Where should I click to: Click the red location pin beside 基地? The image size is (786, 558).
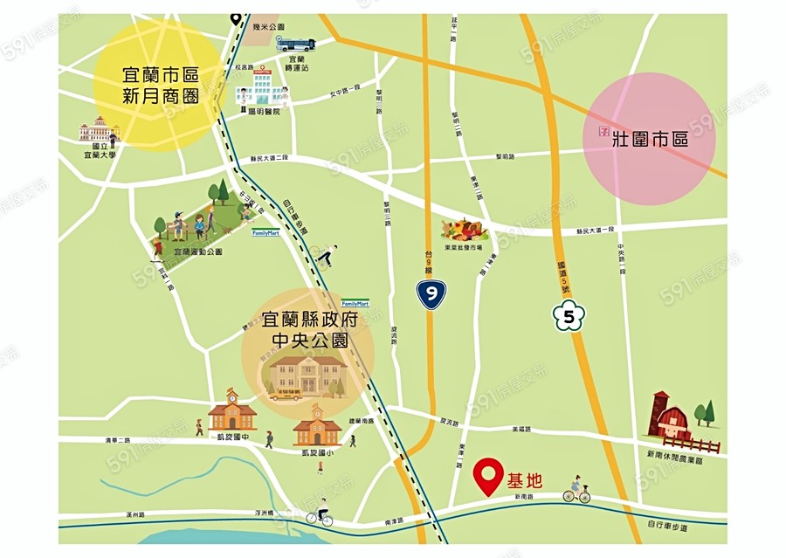coord(486,475)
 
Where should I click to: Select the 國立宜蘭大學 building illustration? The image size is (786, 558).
coord(99,131)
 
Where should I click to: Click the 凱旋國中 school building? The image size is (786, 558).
coord(232,410)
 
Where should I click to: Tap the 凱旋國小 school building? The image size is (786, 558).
coord(317,426)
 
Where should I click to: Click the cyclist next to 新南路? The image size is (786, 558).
coord(576,492)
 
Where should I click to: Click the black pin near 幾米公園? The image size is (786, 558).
coord(236,17)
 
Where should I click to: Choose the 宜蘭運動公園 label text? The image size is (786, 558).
coord(199,251)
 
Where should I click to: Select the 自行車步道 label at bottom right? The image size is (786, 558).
coord(667,527)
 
